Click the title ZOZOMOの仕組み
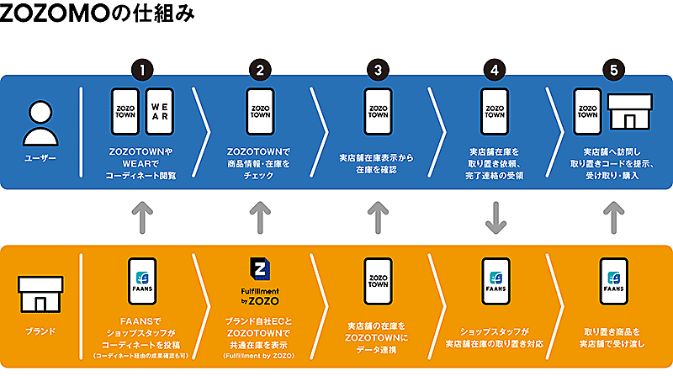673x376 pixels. (x=100, y=14)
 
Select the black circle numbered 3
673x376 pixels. (x=379, y=69)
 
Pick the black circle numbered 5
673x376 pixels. (x=613, y=69)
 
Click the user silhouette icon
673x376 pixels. (x=39, y=123)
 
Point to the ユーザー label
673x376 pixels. (x=39, y=157)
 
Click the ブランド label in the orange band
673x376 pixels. (x=39, y=331)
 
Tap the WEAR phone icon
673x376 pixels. (x=159, y=112)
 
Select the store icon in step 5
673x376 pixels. (x=630, y=112)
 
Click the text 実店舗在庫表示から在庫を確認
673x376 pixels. (x=378, y=163)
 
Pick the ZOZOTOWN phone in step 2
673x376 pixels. (x=260, y=112)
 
